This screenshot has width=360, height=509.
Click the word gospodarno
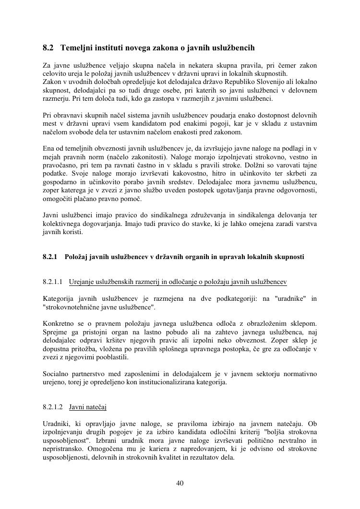(x=60, y=182)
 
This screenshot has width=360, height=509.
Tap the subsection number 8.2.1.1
(x=53, y=282)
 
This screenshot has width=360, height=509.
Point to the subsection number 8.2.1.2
(x=53, y=407)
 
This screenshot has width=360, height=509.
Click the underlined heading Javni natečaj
(x=88, y=407)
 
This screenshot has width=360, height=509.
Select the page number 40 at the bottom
(x=180, y=483)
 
